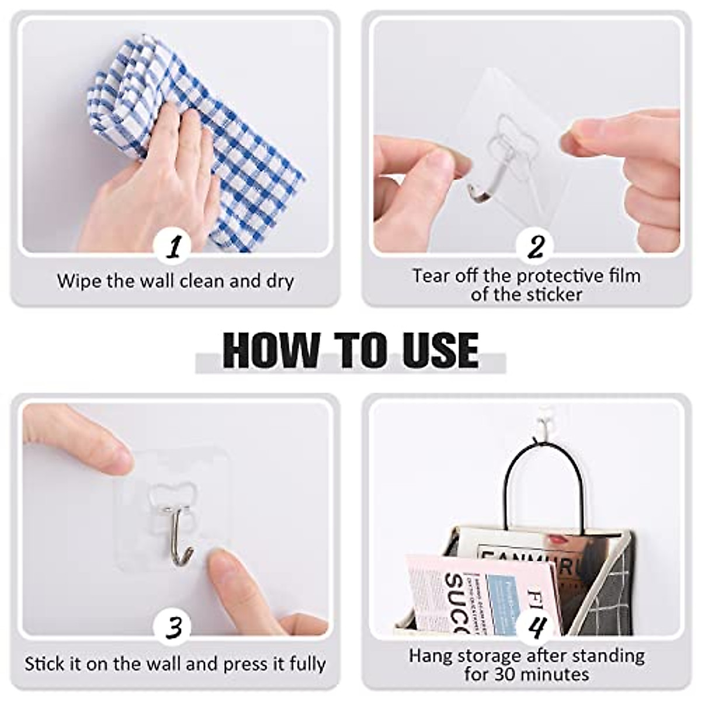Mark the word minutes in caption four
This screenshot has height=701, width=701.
pos(551,675)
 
